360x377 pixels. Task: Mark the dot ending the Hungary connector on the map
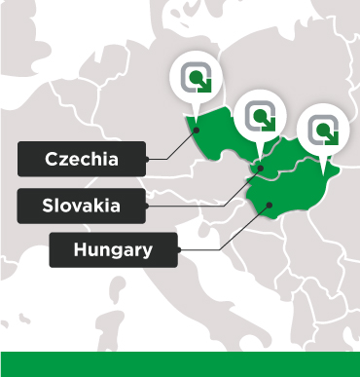click(x=270, y=203)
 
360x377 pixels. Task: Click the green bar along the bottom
click(x=180, y=364)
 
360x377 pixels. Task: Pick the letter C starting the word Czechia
click(x=51, y=159)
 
